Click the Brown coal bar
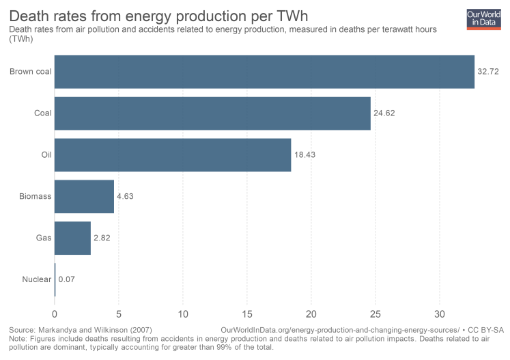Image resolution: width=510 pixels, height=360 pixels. click(x=264, y=72)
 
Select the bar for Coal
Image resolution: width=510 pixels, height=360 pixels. click(x=212, y=113)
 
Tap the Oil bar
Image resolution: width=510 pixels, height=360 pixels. click(x=173, y=155)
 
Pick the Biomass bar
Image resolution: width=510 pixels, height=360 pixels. click(x=84, y=197)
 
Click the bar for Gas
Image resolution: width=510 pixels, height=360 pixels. click(x=72, y=238)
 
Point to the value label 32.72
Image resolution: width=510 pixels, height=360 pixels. click(x=488, y=72)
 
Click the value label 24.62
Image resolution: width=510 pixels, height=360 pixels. click(x=384, y=113)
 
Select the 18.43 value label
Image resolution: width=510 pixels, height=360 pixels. click(x=304, y=155)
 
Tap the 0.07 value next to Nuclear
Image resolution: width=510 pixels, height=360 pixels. click(x=67, y=279)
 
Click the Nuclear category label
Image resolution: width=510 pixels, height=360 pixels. click(x=36, y=279)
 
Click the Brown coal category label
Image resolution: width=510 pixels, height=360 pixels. click(x=30, y=72)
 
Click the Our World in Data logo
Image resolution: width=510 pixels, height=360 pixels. click(x=483, y=18)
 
